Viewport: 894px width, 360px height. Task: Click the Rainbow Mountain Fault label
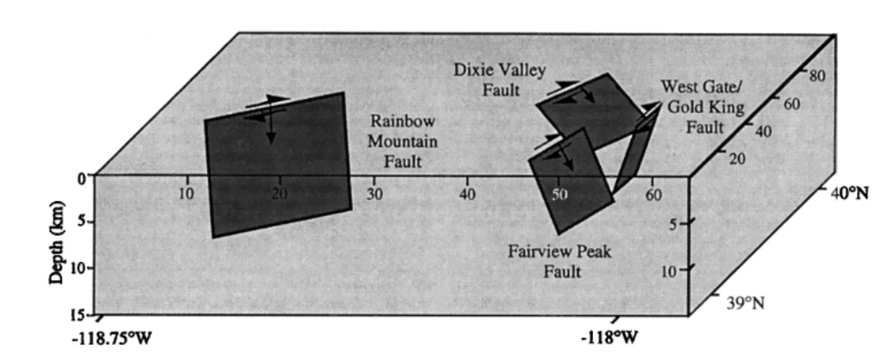click(404, 143)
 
